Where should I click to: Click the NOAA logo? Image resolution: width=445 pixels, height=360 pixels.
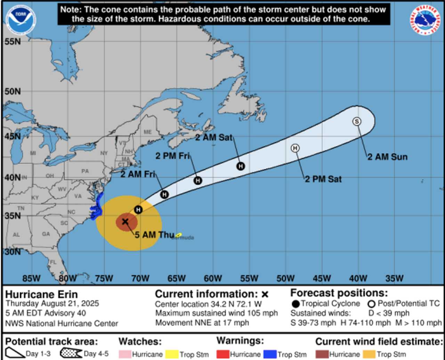[x=21, y=20]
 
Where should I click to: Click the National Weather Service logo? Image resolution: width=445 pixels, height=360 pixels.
[x=425, y=20]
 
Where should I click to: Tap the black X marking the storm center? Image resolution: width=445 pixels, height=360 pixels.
[x=125, y=221]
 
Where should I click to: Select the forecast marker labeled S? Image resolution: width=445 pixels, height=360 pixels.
[x=356, y=121]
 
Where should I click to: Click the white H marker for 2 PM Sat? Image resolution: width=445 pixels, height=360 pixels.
[x=295, y=148]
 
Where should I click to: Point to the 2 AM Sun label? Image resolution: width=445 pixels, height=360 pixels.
[x=387, y=157]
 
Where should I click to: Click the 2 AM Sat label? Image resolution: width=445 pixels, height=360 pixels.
[x=213, y=138]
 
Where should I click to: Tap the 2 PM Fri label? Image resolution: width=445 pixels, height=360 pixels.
[x=172, y=156]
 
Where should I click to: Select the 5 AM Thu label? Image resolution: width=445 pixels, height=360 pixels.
[x=154, y=235]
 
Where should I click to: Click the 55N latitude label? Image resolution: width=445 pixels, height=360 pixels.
[x=13, y=42]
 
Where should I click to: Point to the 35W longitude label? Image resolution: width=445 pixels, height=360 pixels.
[x=394, y=278]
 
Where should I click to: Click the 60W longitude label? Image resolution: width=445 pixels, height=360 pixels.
[x=213, y=278]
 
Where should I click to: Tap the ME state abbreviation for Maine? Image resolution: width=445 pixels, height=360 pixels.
[x=148, y=132]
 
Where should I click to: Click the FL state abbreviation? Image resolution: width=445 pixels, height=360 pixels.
[x=53, y=262]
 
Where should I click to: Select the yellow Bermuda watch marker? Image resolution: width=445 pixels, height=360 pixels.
[x=179, y=235]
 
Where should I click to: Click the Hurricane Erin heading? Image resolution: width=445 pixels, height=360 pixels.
[x=41, y=295]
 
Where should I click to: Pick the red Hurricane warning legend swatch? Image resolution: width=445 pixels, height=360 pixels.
[x=222, y=354]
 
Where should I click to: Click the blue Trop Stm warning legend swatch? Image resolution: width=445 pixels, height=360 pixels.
[x=270, y=354]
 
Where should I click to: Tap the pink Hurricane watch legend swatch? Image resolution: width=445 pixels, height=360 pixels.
[x=125, y=354]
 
